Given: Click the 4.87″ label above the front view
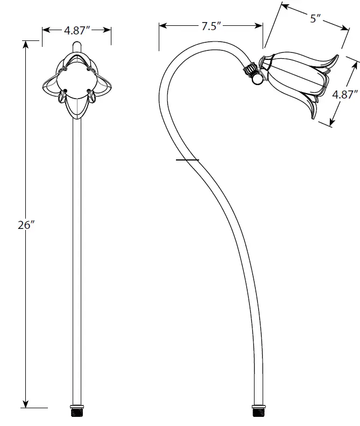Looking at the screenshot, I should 76,31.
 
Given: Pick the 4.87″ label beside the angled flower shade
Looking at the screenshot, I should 345,95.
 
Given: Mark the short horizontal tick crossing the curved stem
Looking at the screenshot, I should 187,160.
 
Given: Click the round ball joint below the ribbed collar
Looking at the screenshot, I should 258,79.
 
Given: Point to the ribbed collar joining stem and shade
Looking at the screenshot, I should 250,69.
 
